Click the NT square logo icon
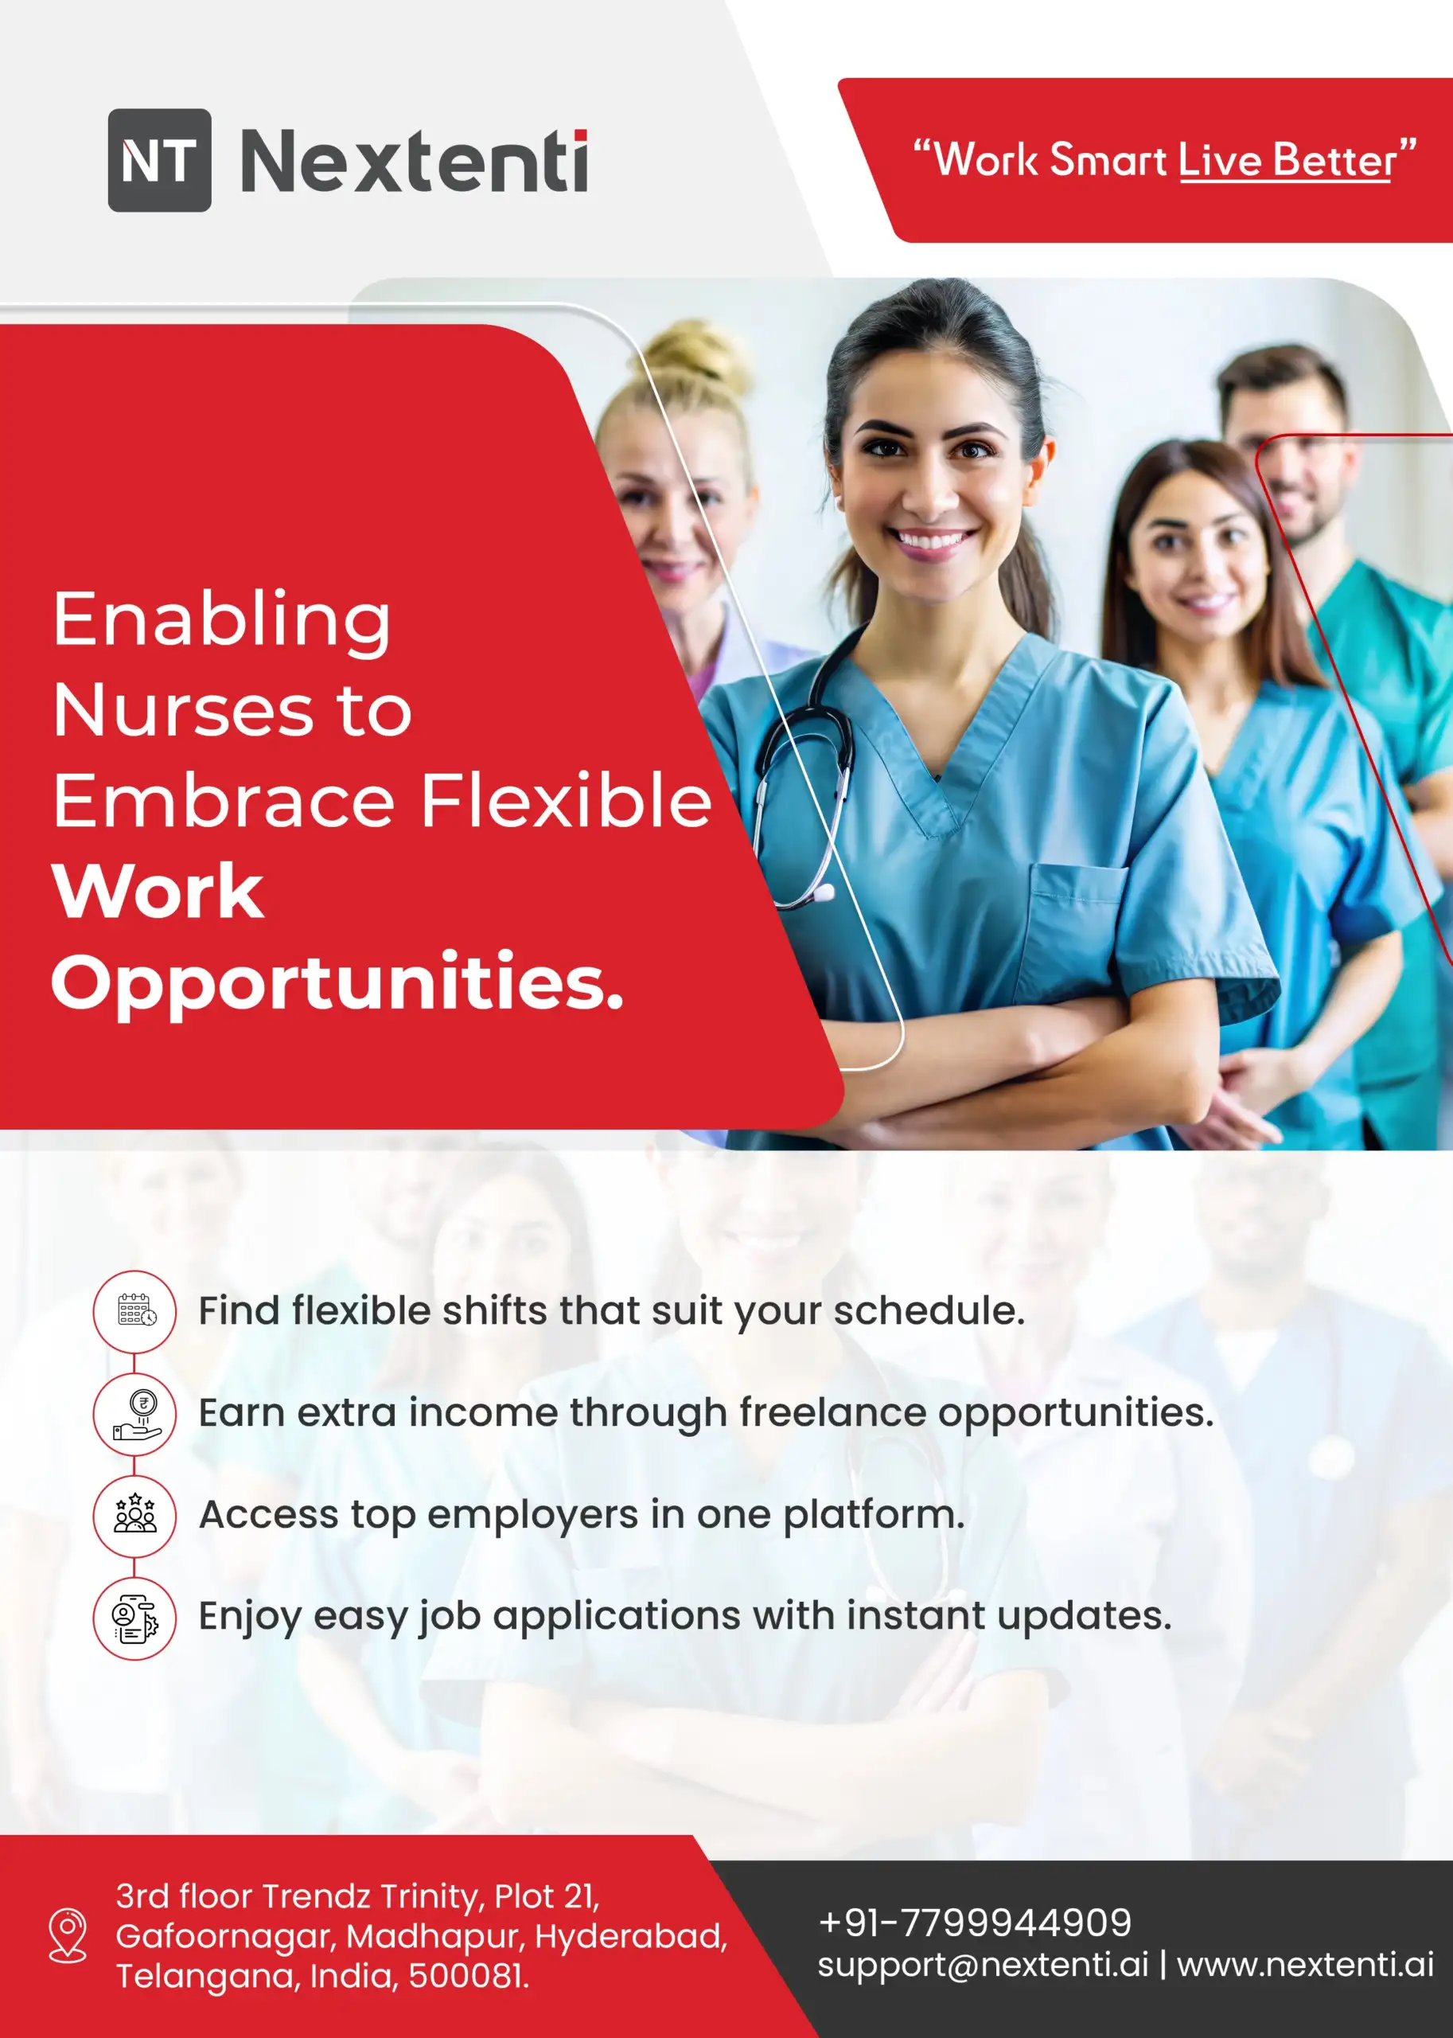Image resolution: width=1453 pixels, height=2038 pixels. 159,160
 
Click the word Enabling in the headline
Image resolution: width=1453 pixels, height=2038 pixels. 222,620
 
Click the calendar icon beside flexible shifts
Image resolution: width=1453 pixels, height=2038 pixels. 135,1312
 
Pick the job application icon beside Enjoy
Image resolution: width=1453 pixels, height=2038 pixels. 135,1618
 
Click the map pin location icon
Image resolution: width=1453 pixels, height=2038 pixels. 67,1935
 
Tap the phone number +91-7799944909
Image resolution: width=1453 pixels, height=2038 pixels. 974,1922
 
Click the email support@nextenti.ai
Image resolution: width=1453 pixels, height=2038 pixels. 983,1964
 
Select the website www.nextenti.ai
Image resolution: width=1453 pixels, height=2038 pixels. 1305,1964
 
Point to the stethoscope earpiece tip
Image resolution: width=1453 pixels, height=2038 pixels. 823,892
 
